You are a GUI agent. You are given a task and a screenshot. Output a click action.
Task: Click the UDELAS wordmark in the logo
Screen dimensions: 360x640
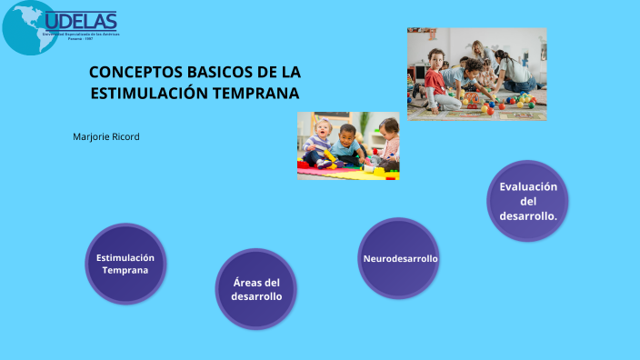click(81, 21)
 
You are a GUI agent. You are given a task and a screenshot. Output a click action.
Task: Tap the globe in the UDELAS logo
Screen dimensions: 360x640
click(29, 26)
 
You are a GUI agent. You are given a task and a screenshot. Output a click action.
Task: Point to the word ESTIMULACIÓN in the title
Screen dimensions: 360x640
click(149, 93)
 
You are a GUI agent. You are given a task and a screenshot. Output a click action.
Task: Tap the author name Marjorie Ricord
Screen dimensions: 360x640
click(106, 136)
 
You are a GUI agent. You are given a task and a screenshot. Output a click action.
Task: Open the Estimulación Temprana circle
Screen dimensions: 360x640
click(125, 264)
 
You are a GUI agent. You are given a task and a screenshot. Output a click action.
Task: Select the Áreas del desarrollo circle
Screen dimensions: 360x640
click(255, 289)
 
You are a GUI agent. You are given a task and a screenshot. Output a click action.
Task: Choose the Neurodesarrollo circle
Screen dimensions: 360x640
click(400, 258)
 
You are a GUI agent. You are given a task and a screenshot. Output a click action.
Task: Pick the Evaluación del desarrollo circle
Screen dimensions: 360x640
click(528, 201)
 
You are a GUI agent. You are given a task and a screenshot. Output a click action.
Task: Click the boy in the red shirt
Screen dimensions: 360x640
click(436, 80)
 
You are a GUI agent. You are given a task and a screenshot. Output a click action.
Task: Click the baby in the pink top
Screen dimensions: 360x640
click(388, 143)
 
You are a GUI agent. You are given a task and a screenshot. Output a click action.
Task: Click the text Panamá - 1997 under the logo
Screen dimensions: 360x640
click(82, 39)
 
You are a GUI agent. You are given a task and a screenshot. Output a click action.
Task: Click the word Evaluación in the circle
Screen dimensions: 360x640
click(528, 186)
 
